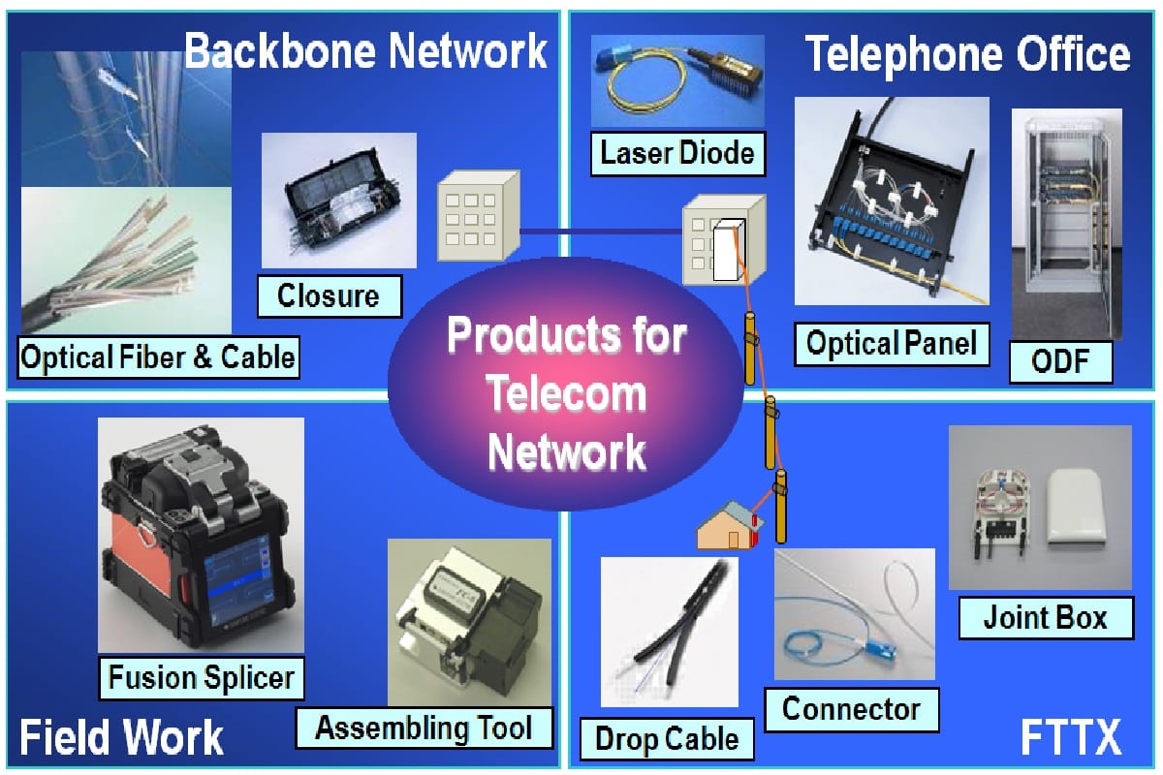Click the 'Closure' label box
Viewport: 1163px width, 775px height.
(x=330, y=295)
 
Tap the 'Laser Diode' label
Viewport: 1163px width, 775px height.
(x=677, y=154)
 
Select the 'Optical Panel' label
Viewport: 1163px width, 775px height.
(x=892, y=344)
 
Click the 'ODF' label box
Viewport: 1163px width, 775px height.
(x=1060, y=361)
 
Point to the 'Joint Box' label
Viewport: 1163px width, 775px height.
(x=1046, y=618)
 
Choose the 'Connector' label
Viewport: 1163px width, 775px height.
(x=852, y=709)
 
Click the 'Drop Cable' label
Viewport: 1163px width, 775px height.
(x=667, y=739)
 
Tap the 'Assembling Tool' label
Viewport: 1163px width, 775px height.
(x=424, y=728)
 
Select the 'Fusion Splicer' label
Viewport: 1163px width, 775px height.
(x=202, y=678)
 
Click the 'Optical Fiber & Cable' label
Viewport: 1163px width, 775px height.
(x=158, y=357)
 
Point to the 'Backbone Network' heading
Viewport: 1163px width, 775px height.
(x=366, y=50)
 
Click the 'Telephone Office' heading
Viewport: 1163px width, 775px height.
(x=968, y=54)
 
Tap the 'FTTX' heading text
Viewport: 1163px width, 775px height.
(x=1071, y=737)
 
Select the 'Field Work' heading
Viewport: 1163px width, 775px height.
(x=121, y=737)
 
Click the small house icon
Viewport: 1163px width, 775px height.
(x=730, y=525)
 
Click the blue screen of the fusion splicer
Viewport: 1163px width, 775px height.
(x=237, y=581)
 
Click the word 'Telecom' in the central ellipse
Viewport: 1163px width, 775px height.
(x=567, y=394)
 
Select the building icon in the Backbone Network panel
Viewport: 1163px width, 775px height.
(x=479, y=215)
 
